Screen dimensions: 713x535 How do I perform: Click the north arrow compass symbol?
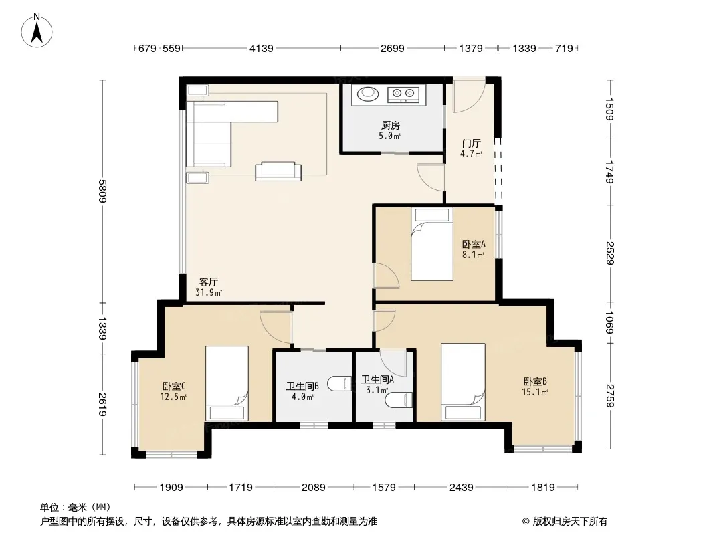tap(37, 31)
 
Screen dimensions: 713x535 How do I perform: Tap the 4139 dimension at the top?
tap(262, 48)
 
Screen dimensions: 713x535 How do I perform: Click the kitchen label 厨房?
tap(390, 125)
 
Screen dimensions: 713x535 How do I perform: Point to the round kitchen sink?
tap(367, 94)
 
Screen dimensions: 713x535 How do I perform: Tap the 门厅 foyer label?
tap(471, 144)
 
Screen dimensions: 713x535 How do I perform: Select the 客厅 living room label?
tap(208, 282)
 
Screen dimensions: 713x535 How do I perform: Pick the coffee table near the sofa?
tap(278, 171)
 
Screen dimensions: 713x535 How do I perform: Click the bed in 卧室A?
tap(432, 243)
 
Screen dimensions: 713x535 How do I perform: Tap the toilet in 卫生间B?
tap(340, 384)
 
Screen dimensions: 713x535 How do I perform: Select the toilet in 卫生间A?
tap(399, 401)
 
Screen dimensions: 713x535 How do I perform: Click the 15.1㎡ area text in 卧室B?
tap(535, 392)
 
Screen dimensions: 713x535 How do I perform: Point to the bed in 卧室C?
tap(227, 383)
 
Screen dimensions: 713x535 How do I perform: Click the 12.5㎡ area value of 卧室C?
tap(173, 397)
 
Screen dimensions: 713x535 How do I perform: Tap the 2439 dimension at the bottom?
tap(461, 488)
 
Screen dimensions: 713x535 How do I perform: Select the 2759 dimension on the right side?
tap(610, 396)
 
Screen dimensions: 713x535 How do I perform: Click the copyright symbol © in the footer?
tap(526, 522)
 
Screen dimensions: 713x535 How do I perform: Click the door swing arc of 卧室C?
tap(271, 330)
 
